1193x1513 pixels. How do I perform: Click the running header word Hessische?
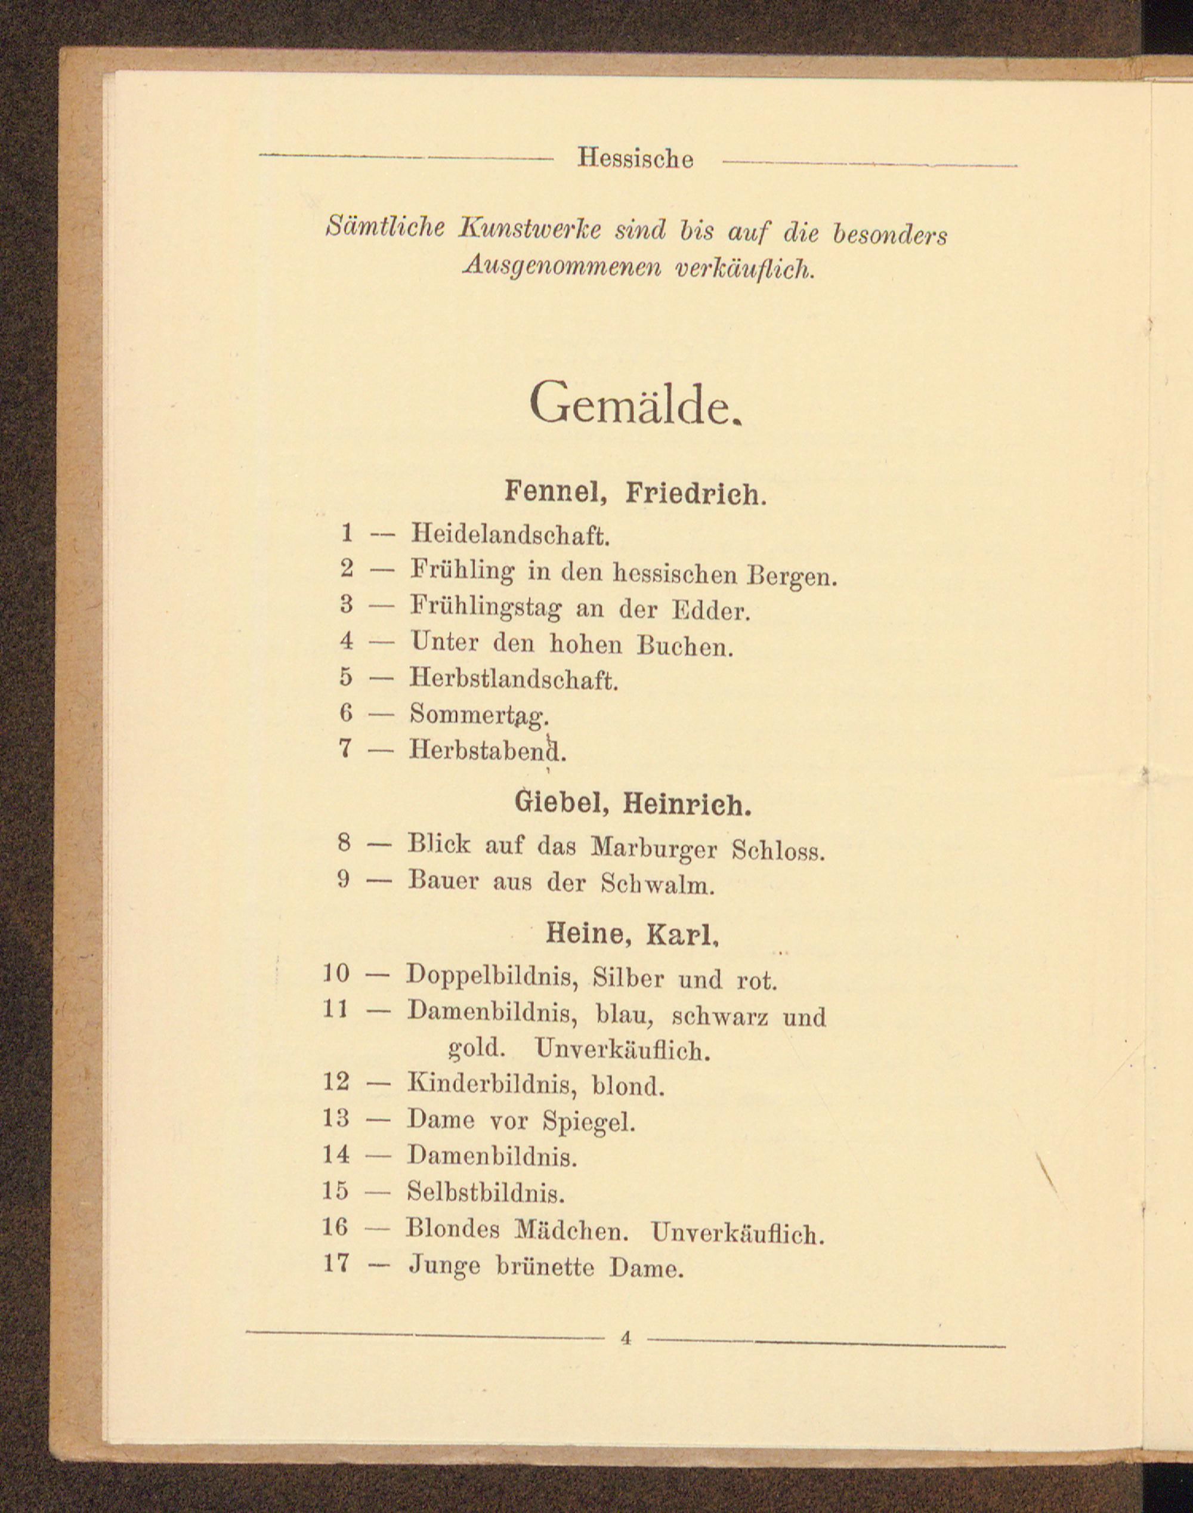[x=635, y=159]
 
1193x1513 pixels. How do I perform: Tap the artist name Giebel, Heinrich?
[x=633, y=805]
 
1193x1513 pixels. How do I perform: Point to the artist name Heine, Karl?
[x=632, y=934]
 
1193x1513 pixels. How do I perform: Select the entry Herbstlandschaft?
[x=514, y=680]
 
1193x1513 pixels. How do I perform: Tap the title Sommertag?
[x=480, y=715]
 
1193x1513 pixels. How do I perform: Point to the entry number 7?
[x=344, y=748]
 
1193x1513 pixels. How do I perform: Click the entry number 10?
[x=336, y=973]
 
